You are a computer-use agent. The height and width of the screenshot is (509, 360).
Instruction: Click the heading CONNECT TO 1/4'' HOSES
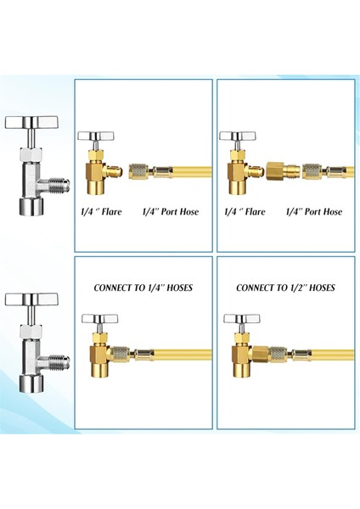[x=143, y=288]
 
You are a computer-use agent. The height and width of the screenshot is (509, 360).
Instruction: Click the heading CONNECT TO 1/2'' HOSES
[x=285, y=288]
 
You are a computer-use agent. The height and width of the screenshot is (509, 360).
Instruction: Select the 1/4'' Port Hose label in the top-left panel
[x=170, y=211]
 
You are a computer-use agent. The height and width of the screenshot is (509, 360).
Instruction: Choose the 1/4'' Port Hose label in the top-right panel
[x=313, y=211]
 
